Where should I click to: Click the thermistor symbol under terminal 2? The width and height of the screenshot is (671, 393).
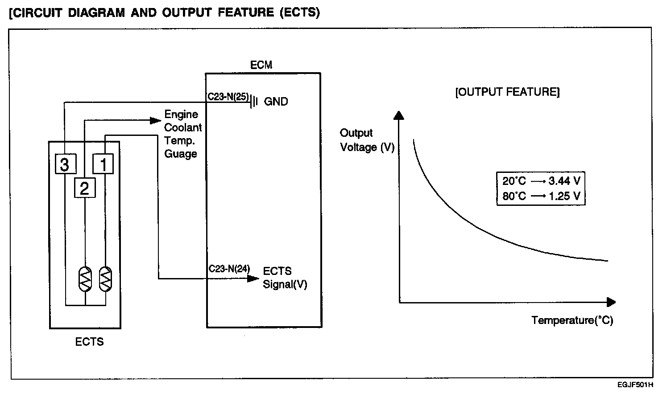[x=85, y=279]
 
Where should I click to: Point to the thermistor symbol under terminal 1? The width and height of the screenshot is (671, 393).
[x=105, y=279]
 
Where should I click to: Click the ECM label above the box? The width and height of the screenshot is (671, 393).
[x=261, y=65]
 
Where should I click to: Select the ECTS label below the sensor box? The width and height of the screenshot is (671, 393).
[x=89, y=342]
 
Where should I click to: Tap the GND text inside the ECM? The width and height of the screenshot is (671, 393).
[x=276, y=102]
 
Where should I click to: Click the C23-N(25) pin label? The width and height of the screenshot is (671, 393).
[x=228, y=96]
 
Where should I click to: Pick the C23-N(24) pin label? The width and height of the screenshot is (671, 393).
[x=229, y=269]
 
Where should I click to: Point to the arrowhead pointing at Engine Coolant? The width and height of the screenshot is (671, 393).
[x=155, y=120]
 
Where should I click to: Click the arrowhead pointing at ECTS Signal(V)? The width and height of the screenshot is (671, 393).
[x=253, y=279]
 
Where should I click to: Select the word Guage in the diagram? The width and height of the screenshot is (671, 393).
[x=181, y=154]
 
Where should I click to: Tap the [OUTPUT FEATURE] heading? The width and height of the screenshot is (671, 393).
[x=507, y=92]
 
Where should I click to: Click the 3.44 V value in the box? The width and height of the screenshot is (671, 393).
[x=564, y=181]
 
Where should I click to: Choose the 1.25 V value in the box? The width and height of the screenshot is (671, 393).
[x=564, y=196]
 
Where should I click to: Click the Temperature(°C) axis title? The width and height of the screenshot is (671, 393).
[x=572, y=320]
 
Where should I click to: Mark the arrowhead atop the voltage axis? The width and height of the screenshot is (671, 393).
[x=400, y=115]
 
